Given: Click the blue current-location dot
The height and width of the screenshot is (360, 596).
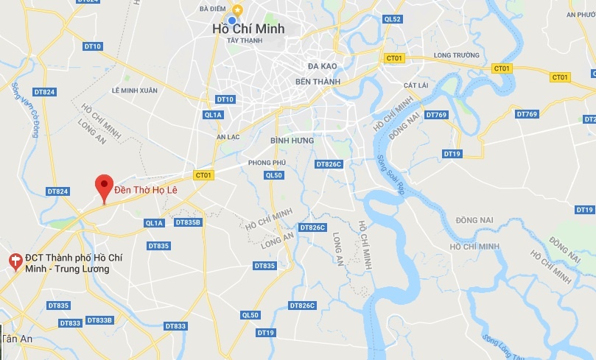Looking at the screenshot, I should (x=233, y=20).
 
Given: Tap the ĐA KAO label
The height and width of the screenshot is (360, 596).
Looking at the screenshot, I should (x=323, y=66).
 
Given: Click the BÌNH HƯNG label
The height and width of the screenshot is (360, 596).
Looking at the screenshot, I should (x=292, y=140).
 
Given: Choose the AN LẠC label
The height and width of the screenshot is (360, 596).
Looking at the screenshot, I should (x=229, y=137).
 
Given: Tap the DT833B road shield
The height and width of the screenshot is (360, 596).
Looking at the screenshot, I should (x=99, y=320).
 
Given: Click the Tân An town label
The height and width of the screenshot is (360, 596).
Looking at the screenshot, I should (x=15, y=339).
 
